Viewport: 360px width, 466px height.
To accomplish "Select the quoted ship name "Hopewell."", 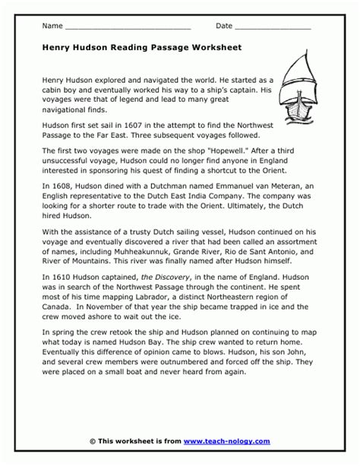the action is pyautogui.click(x=199, y=151).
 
